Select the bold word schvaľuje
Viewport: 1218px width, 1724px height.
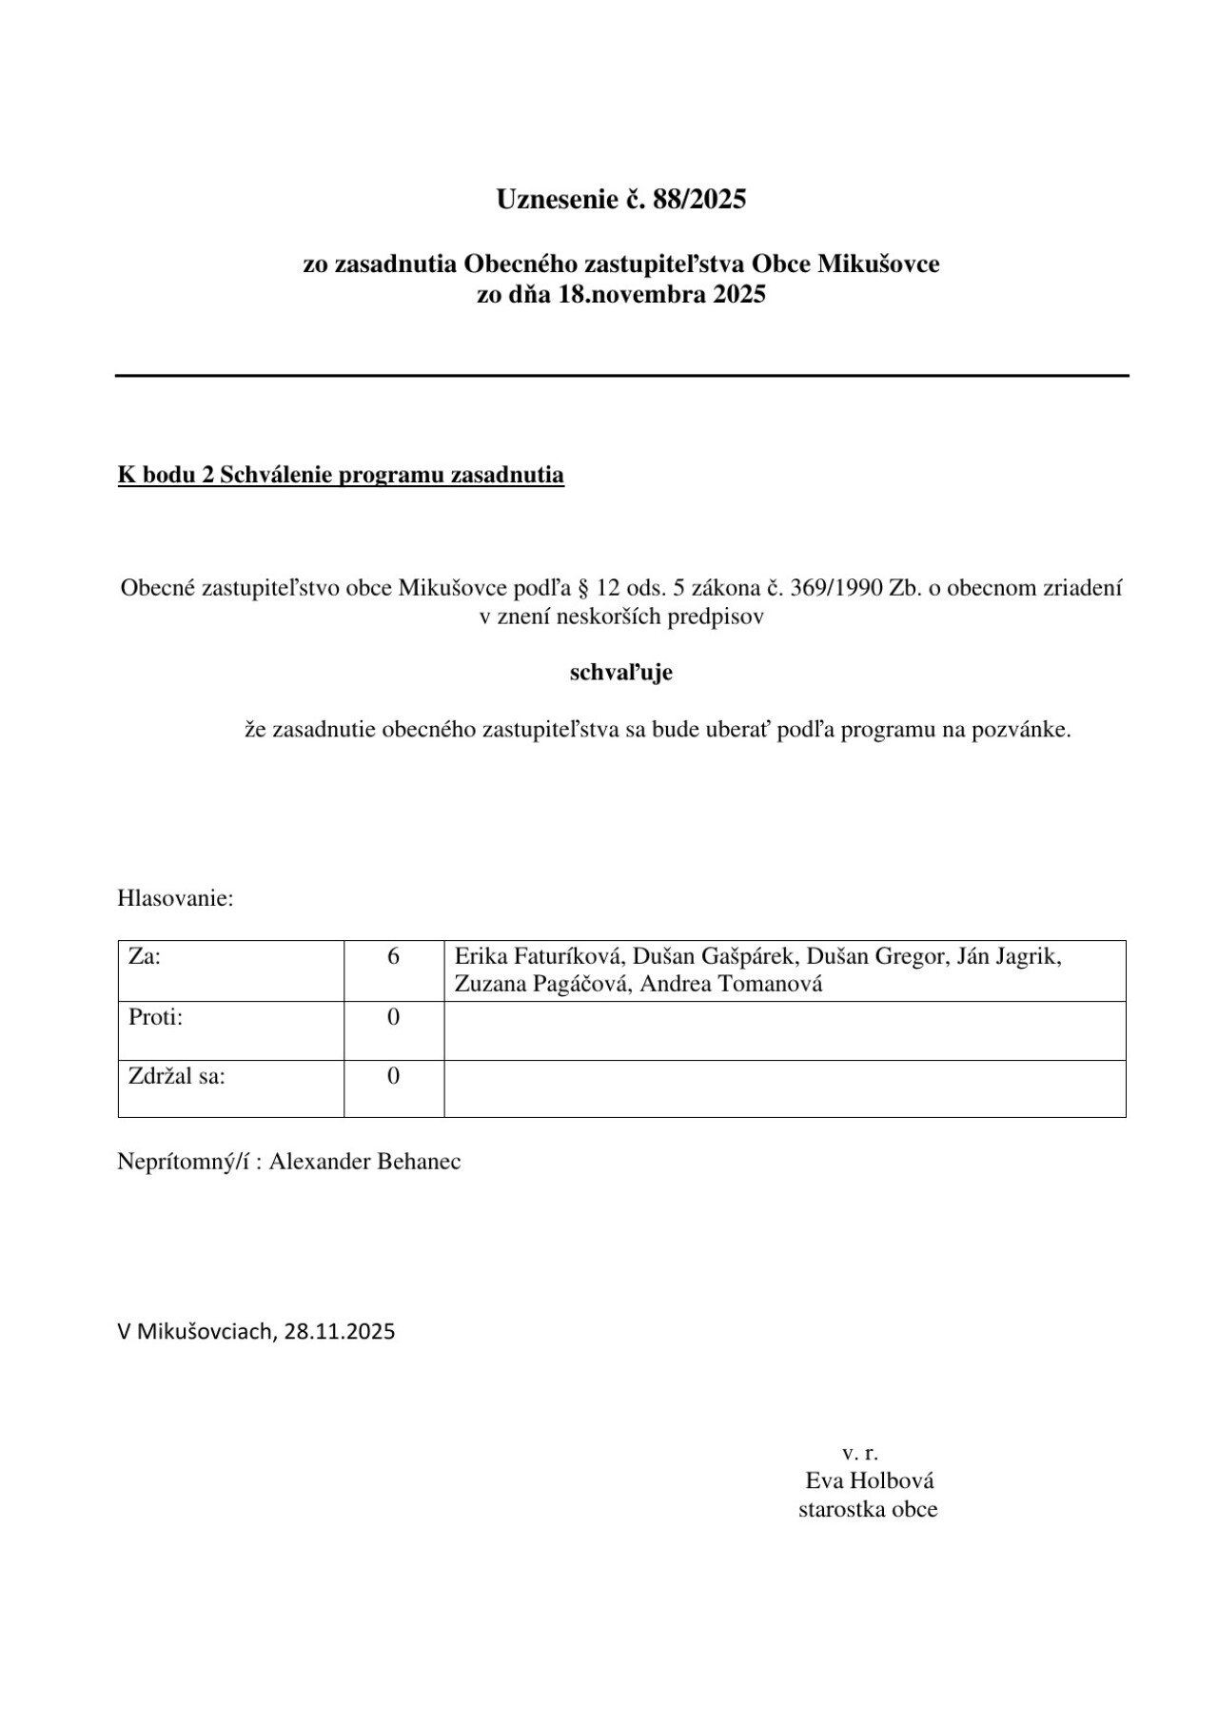(620, 673)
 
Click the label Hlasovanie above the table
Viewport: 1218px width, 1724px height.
(175, 898)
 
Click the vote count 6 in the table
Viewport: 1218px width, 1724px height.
(393, 956)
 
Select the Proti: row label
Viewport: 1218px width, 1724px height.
(155, 1017)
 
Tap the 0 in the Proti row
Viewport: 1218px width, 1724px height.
(393, 1017)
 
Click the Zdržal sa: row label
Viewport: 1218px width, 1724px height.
(176, 1076)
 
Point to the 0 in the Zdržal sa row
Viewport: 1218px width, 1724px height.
(393, 1076)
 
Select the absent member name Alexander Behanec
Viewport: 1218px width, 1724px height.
(364, 1162)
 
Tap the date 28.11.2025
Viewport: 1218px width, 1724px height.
(339, 1331)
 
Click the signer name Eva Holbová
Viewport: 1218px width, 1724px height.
(869, 1480)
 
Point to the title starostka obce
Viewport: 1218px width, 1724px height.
(867, 1509)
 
